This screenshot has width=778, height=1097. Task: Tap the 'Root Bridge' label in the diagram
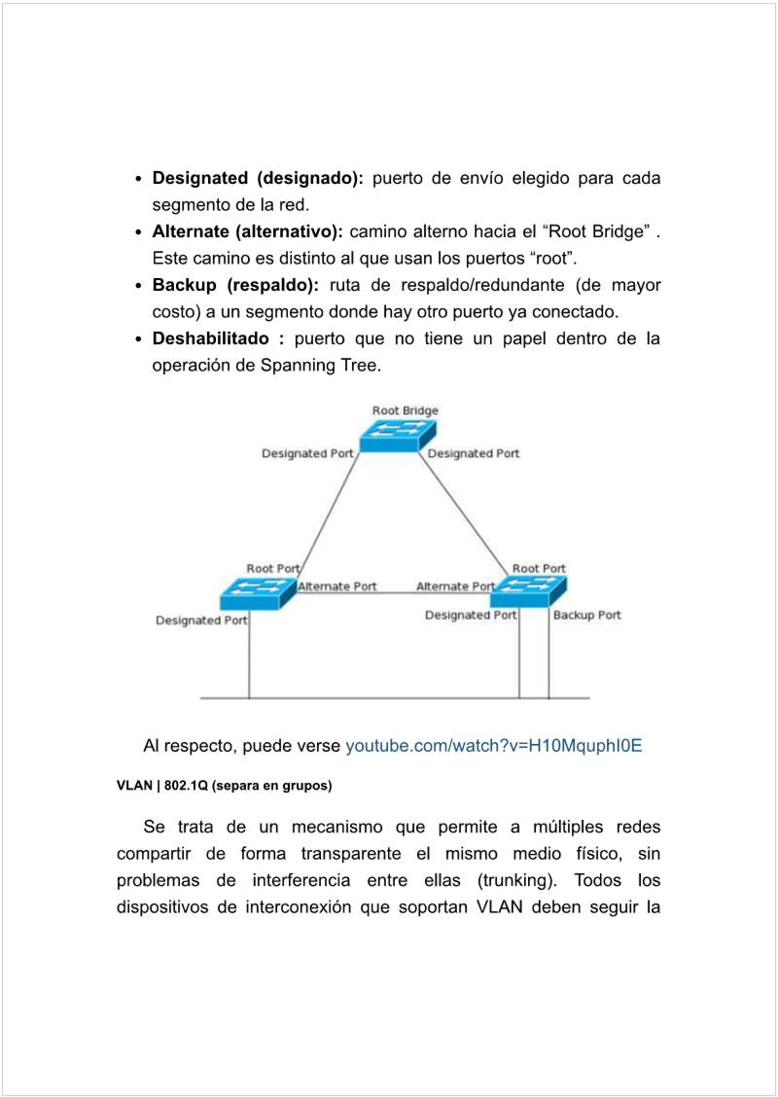pos(405,410)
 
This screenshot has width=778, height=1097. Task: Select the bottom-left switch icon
pos(258,591)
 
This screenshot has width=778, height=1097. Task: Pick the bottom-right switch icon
pos(528,590)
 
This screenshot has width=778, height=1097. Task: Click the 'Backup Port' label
pos(586,615)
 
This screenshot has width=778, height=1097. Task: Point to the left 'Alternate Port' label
pos(337,586)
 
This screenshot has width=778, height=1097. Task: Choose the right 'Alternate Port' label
pos(455,586)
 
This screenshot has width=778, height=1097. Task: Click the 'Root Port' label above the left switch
pos(273,568)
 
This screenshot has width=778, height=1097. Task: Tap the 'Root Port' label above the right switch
pos(539,568)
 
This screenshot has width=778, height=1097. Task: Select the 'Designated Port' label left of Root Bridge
pos(307,453)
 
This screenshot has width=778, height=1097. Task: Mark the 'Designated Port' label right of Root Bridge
pos(474,453)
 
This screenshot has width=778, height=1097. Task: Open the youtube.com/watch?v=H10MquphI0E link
pos(494,746)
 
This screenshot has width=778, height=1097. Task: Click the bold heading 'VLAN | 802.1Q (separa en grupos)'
pos(225,785)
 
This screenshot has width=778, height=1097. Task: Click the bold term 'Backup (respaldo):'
pos(235,285)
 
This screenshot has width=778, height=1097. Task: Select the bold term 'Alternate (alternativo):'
pos(248,231)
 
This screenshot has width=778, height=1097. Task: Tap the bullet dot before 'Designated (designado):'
pos(140,179)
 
